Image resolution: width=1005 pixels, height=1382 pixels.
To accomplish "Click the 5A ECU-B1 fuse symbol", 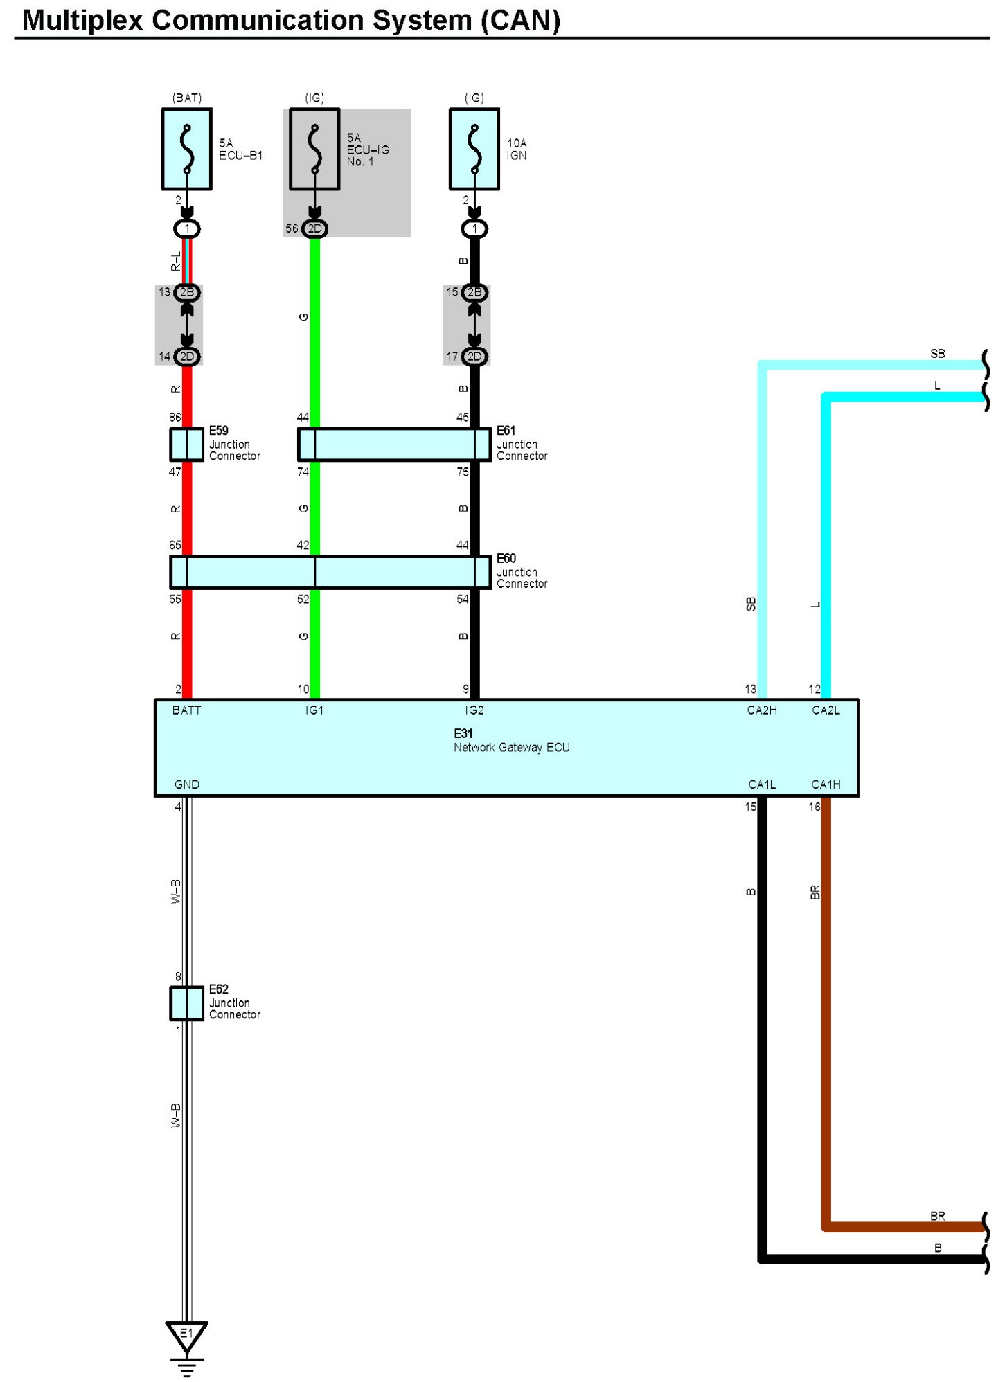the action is [x=186, y=149].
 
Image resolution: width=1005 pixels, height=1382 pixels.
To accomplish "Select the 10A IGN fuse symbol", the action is [x=474, y=149].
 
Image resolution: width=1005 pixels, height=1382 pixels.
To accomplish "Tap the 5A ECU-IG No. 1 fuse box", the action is [x=314, y=149].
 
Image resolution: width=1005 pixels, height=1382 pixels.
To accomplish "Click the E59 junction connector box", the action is [x=186, y=444].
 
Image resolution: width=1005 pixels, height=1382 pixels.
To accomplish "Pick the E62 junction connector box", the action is [x=186, y=1003].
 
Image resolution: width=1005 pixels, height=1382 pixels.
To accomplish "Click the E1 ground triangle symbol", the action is [x=186, y=1335].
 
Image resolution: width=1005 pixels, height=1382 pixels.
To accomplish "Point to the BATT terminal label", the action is [x=186, y=710].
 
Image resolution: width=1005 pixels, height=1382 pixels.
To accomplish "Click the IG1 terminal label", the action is [x=314, y=710].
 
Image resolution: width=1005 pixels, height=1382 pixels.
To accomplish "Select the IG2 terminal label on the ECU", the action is [x=474, y=710].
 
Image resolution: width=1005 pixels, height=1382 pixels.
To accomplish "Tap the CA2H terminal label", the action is [x=761, y=710].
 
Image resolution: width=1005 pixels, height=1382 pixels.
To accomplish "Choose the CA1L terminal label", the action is [x=761, y=784].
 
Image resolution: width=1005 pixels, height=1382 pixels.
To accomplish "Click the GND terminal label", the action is [x=186, y=784].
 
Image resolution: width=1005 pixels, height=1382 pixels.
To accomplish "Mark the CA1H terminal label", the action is [x=826, y=784].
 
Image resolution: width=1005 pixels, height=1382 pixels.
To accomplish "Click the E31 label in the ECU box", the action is [x=463, y=733].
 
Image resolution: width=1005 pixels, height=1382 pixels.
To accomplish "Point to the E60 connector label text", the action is [x=506, y=558].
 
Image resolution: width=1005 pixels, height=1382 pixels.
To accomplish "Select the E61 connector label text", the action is [x=506, y=431].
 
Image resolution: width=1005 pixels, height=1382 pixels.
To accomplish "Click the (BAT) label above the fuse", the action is [x=186, y=98].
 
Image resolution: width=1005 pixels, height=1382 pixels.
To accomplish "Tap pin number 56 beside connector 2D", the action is [x=292, y=228].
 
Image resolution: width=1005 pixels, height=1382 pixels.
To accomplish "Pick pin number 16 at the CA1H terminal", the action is [x=814, y=807].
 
